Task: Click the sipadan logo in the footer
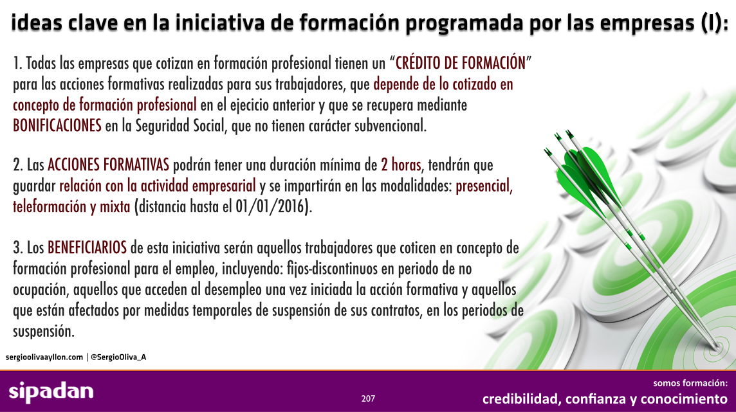[51, 392]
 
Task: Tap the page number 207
[368, 399]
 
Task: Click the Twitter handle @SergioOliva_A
[118, 357]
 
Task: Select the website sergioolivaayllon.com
[44, 357]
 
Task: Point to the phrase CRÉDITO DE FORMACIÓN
[461, 63]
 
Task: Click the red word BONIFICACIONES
[57, 125]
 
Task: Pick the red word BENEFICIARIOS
[87, 247]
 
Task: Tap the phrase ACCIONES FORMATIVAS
[108, 165]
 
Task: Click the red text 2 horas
[401, 165]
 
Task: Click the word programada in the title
[465, 22]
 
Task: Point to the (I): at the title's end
[714, 22]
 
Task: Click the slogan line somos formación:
[690, 383]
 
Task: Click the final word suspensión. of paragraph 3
[44, 332]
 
